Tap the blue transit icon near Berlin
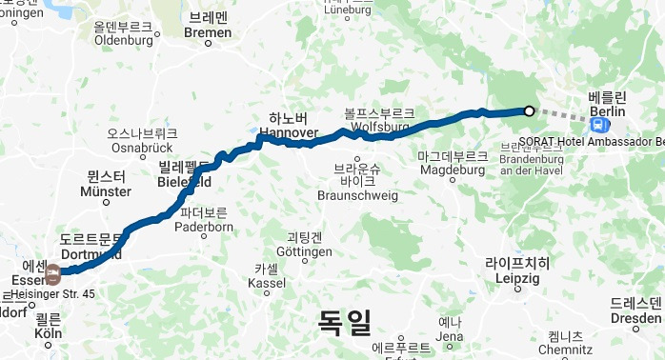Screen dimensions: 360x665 [597, 125]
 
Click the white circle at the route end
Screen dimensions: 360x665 [529, 111]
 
